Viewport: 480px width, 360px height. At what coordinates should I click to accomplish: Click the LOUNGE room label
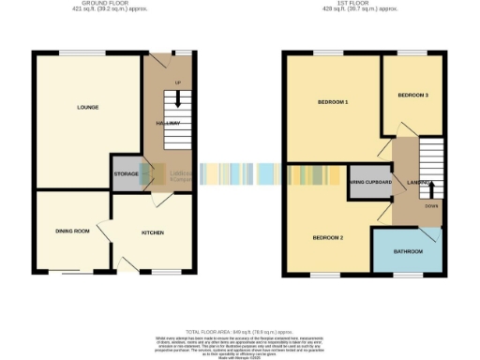pyautogui.click(x=87, y=107)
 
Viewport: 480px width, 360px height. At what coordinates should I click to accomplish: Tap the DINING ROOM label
pyautogui.click(x=72, y=231)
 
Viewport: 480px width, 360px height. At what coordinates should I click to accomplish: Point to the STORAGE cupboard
pyautogui.click(x=126, y=174)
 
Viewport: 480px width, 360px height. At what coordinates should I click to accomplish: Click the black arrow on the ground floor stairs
pyautogui.click(x=174, y=101)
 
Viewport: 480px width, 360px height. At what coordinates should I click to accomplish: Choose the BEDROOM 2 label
pyautogui.click(x=328, y=237)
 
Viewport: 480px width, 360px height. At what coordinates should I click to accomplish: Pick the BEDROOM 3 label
pyautogui.click(x=412, y=96)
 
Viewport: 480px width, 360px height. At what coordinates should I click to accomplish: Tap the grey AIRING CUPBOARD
pyautogui.click(x=369, y=183)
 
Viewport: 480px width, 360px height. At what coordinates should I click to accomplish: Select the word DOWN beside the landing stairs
pyautogui.click(x=430, y=205)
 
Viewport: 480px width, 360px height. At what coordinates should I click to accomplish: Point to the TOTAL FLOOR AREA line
pyautogui.click(x=239, y=332)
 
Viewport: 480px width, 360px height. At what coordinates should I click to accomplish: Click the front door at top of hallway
pyautogui.click(x=182, y=52)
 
